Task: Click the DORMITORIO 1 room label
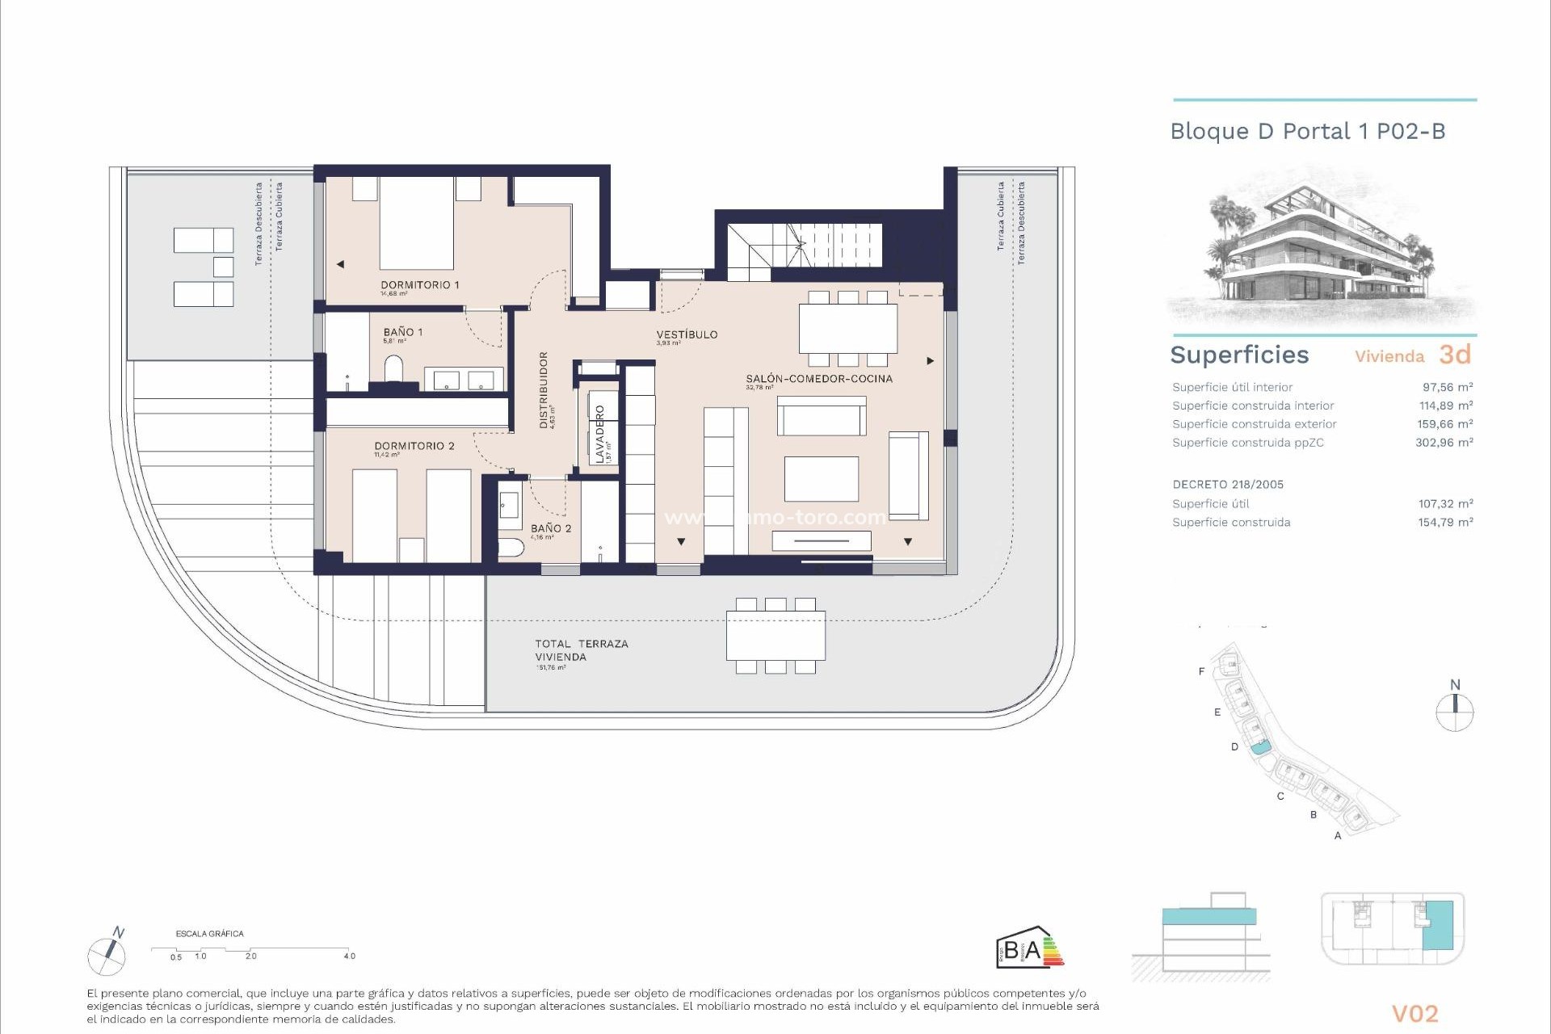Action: tap(419, 285)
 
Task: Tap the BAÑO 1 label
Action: tap(402, 332)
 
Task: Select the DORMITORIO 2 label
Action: tap(414, 446)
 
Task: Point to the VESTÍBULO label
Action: tap(686, 334)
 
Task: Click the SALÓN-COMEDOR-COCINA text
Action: tap(818, 379)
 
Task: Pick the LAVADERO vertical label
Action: tap(599, 434)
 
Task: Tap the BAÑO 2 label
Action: tap(551, 528)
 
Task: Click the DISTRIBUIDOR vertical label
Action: tap(544, 389)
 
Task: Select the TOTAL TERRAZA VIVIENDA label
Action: tap(581, 650)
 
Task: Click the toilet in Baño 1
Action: tap(393, 370)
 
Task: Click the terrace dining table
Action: tap(775, 636)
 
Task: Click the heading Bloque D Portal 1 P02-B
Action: tap(1307, 132)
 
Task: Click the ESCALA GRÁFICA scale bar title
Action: tap(209, 934)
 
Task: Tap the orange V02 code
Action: tap(1414, 1013)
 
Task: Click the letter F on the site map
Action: tap(1201, 671)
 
